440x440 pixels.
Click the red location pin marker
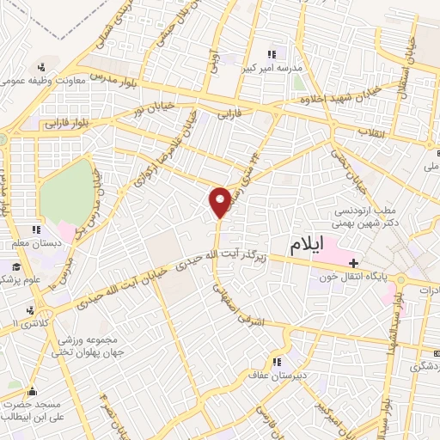tap(219, 201)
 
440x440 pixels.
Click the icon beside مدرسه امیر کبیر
tap(272, 53)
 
